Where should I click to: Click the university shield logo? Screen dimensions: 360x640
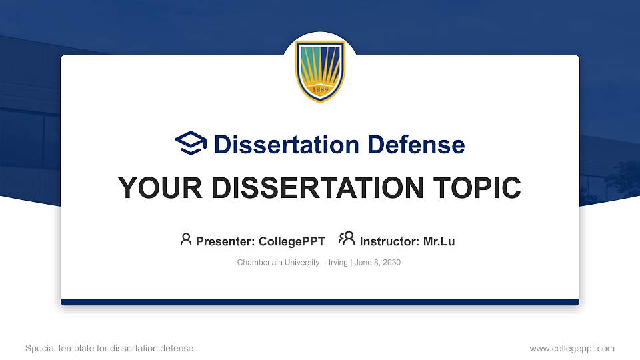[320, 71]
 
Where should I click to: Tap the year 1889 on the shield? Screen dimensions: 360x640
[320, 91]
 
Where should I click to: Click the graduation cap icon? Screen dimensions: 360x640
[191, 143]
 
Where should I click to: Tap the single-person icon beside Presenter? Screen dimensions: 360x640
[186, 239]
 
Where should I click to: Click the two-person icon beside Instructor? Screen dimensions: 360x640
[347, 239]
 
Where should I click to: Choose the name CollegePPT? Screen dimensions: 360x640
[291, 241]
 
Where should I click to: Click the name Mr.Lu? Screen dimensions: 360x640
[439, 241]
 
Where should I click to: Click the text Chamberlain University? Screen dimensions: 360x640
[277, 263]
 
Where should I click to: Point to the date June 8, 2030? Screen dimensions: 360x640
[377, 263]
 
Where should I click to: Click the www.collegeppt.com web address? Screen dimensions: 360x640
[572, 348]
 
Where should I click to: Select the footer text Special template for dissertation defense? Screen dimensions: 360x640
[109, 348]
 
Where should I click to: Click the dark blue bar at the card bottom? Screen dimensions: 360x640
[320, 302]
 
